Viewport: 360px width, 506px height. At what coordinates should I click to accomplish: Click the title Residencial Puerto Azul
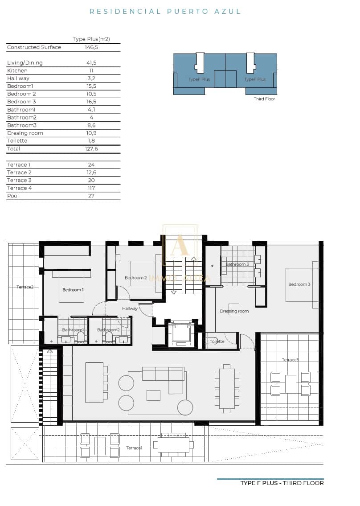(x=165, y=12)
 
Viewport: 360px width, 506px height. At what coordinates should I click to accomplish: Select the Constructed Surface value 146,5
(x=91, y=47)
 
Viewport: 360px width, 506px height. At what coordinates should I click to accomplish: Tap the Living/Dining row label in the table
(x=25, y=63)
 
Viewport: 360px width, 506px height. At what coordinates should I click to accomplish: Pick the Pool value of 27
(x=91, y=196)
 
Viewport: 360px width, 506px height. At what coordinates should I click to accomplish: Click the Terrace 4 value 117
(x=91, y=188)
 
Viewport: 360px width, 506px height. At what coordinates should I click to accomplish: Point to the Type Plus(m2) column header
(x=91, y=39)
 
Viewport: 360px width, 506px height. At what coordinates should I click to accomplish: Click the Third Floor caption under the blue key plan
(x=264, y=99)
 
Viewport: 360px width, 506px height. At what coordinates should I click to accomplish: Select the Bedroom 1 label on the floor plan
(x=73, y=290)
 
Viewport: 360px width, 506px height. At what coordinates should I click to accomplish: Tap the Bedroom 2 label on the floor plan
(x=136, y=278)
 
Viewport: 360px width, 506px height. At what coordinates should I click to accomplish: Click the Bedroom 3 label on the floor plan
(x=299, y=284)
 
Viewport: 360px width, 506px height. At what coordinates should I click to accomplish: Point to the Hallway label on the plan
(x=130, y=309)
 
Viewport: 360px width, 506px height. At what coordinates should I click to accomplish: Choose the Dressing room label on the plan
(x=234, y=311)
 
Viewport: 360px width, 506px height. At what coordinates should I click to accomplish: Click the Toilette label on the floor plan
(x=217, y=341)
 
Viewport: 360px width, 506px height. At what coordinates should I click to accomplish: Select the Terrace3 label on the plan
(x=290, y=360)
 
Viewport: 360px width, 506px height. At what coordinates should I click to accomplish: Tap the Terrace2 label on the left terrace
(x=25, y=287)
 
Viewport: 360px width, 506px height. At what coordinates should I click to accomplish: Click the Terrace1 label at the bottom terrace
(x=134, y=448)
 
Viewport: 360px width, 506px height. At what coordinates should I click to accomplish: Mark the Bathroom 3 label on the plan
(x=237, y=264)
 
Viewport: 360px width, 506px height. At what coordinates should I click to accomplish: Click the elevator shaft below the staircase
(x=181, y=333)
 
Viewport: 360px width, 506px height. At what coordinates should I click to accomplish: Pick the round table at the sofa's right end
(x=185, y=407)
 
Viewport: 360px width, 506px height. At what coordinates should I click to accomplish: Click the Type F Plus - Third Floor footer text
(x=282, y=483)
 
